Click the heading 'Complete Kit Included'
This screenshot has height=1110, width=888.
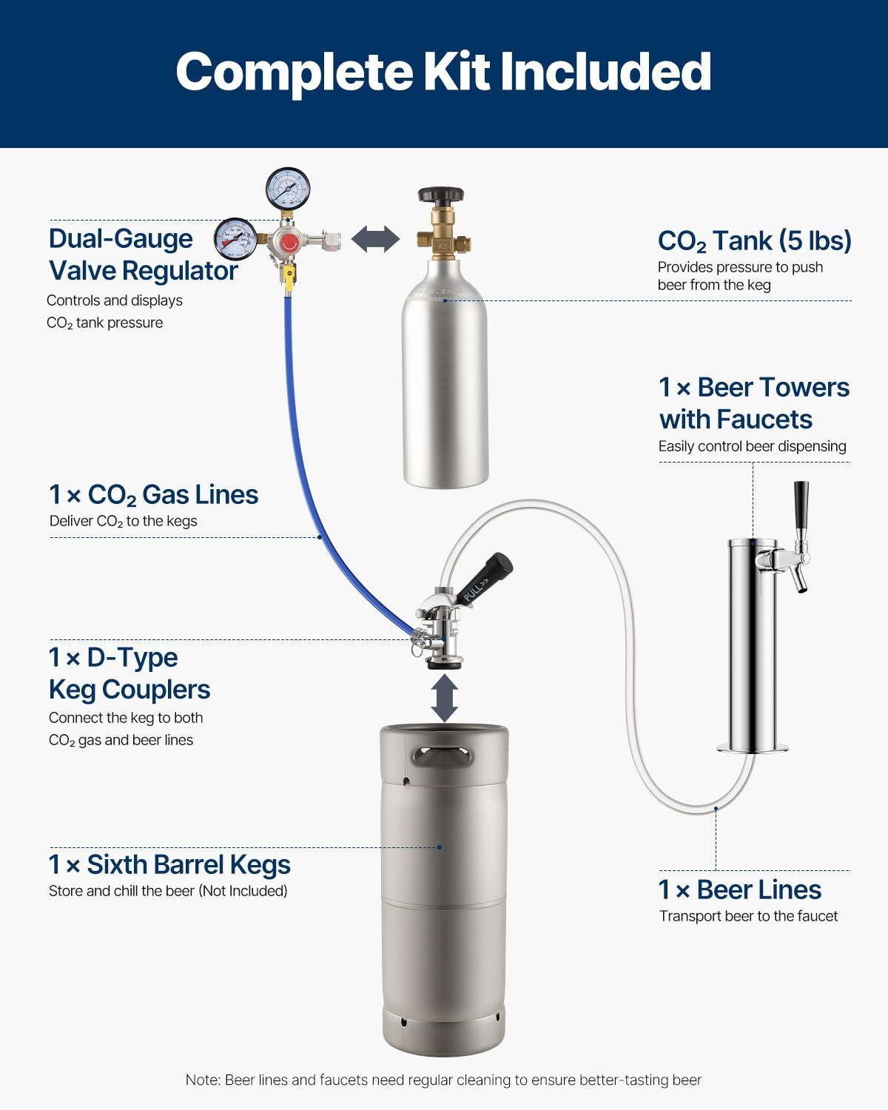click(443, 72)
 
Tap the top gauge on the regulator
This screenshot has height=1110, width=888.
click(288, 189)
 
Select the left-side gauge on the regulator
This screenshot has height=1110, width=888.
click(236, 239)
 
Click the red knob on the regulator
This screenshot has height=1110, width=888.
click(289, 242)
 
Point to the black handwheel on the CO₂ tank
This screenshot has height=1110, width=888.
click(440, 195)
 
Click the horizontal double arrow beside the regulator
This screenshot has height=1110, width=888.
click(375, 239)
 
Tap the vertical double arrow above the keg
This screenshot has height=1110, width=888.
click(444, 698)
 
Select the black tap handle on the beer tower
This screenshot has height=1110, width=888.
click(801, 505)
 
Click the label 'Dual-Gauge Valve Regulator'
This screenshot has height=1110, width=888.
click(143, 255)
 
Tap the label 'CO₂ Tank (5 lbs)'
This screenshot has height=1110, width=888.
click(754, 241)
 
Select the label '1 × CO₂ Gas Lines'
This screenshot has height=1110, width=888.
click(153, 494)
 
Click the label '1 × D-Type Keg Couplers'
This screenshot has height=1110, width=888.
click(129, 673)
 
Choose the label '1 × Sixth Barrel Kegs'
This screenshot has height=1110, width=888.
click(169, 864)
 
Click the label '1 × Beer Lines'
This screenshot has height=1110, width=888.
click(740, 889)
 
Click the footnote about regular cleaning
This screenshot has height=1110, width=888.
click(443, 1080)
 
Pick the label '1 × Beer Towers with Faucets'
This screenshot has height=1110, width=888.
click(754, 403)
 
